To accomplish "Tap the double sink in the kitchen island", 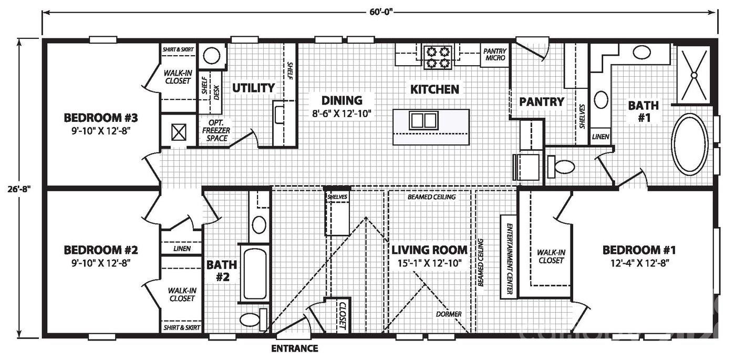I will coord(423,121).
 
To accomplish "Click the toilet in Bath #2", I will coord(249,319).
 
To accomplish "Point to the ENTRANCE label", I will coord(294,348).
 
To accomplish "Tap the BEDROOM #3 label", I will coord(97,117).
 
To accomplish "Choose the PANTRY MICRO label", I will coord(495,55).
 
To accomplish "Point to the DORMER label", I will coord(449,314).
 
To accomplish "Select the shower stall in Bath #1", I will coord(693,75).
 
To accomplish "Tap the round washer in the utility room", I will coord(212,56).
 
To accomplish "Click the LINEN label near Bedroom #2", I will coord(181,249).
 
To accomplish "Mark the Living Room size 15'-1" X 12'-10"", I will coord(429,263).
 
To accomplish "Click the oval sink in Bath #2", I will coord(259,224).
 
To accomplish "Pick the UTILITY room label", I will coord(254,88).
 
